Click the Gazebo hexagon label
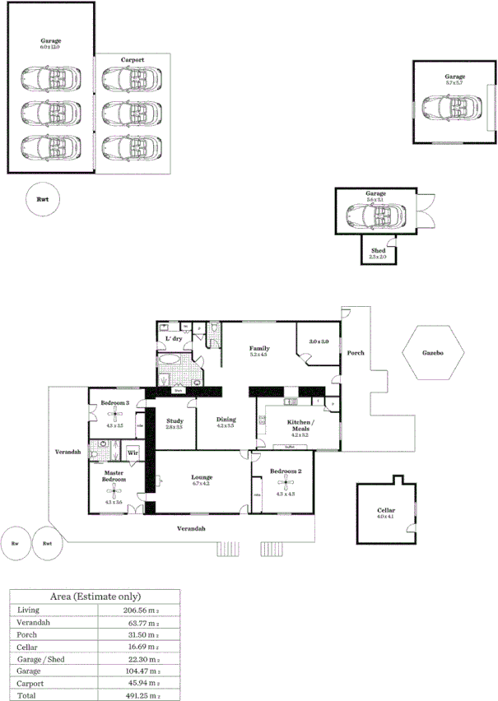tap(433, 352)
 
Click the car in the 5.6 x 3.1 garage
tap(375, 216)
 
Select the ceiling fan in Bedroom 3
tap(114, 415)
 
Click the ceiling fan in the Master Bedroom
tap(114, 492)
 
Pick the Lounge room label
tap(202, 477)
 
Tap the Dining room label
tap(226, 420)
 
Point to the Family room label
tap(260, 349)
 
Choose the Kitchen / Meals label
tap(299, 425)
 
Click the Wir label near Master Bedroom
tap(132, 453)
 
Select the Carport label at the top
tap(133, 60)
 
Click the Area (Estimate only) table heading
tap(95, 595)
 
